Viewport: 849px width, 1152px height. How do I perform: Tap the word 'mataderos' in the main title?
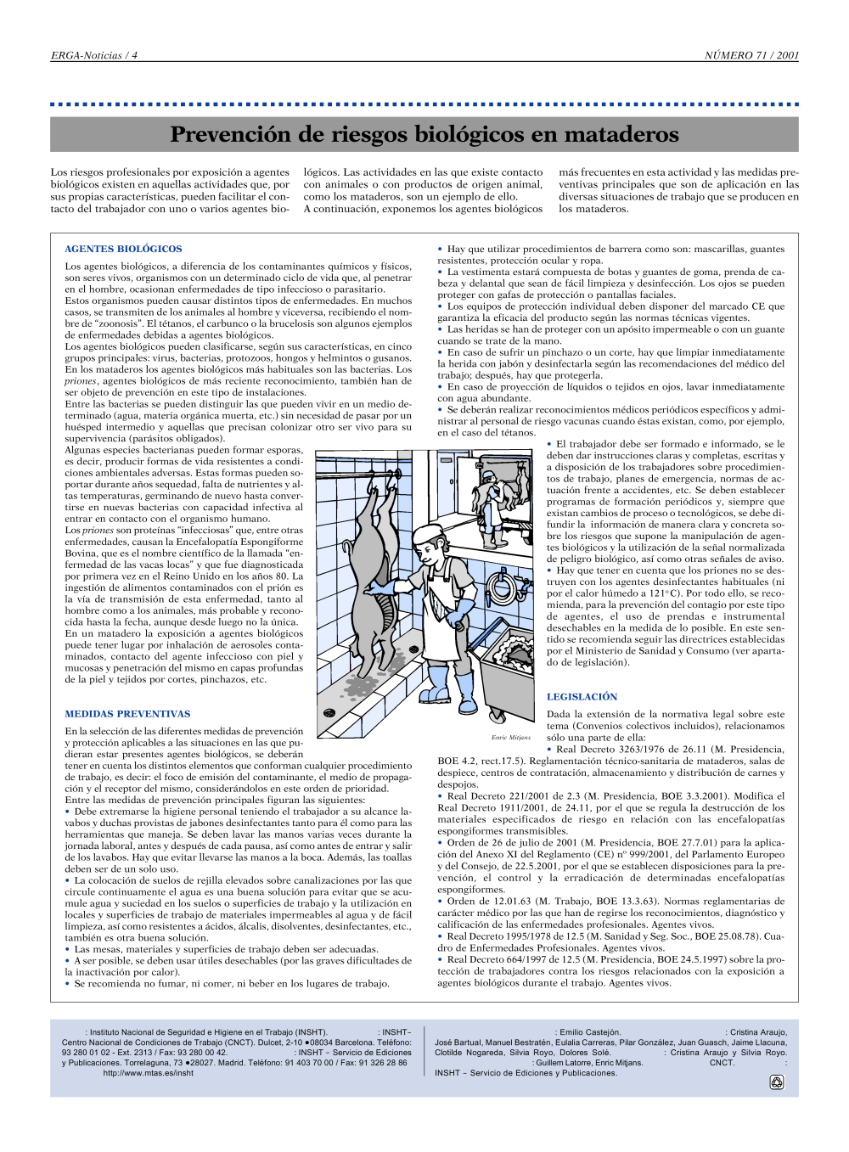pyautogui.click(x=621, y=134)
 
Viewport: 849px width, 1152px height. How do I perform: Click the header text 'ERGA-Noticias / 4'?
pyautogui.click(x=94, y=55)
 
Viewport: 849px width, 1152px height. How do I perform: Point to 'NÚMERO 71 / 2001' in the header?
pyautogui.click(x=751, y=55)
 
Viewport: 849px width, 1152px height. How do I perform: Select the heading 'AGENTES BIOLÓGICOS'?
pyautogui.click(x=124, y=249)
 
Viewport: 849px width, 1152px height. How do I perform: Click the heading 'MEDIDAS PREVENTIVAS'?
pyautogui.click(x=127, y=714)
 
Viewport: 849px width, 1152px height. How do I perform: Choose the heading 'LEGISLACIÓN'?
pyautogui.click(x=582, y=697)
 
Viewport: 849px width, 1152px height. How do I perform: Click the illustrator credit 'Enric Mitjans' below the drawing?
pyautogui.click(x=511, y=738)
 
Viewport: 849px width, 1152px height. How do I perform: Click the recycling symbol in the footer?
pyautogui.click(x=776, y=1082)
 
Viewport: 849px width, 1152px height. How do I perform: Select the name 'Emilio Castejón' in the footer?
pyautogui.click(x=590, y=1032)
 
